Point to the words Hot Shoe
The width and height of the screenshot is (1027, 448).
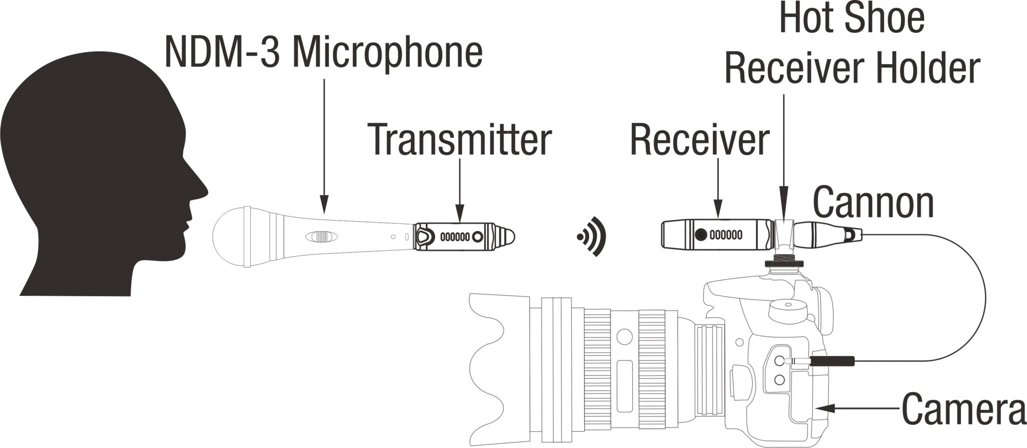coord(852,18)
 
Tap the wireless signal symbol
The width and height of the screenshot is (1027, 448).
coord(593,236)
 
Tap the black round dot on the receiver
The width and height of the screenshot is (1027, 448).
coord(702,234)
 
